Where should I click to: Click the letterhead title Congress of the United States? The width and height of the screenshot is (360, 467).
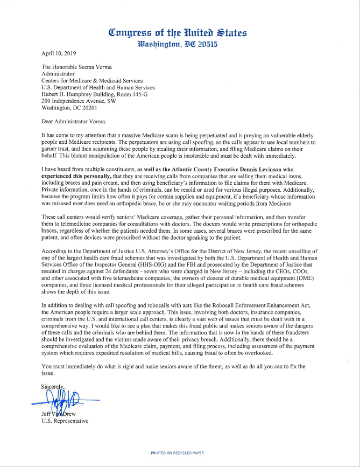tap(178, 33)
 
